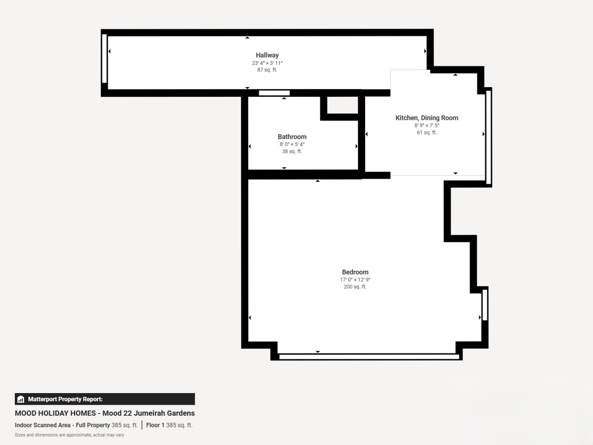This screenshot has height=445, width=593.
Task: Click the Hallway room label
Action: click(267, 55)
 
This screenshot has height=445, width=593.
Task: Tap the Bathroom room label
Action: click(292, 137)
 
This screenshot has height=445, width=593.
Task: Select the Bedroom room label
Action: click(355, 272)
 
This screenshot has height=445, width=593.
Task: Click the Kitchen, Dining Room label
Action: click(427, 118)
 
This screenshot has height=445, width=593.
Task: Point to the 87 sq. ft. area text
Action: click(267, 70)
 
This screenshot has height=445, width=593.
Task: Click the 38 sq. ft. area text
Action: click(292, 151)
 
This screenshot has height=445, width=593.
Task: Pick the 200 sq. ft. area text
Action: click(355, 286)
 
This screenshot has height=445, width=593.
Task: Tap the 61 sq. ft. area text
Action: click(427, 133)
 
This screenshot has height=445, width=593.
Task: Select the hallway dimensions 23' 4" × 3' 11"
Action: click(267, 63)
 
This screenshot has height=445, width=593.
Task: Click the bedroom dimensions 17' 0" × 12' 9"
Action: click(355, 280)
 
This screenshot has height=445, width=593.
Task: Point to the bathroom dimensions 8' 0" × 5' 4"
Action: click(292, 144)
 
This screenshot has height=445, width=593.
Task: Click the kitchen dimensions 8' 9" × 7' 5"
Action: click(427, 125)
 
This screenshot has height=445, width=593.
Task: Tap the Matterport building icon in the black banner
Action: click(21, 399)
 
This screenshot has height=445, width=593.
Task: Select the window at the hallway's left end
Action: click(104, 58)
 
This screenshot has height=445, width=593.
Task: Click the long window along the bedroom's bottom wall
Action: click(369, 357)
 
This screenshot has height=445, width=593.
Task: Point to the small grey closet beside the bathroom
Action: click(342, 105)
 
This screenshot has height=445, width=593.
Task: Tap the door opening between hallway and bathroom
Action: click(274, 93)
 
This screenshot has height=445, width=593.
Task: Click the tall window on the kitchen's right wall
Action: click(488, 138)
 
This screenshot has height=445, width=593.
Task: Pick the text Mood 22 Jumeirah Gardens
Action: click(149, 413)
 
